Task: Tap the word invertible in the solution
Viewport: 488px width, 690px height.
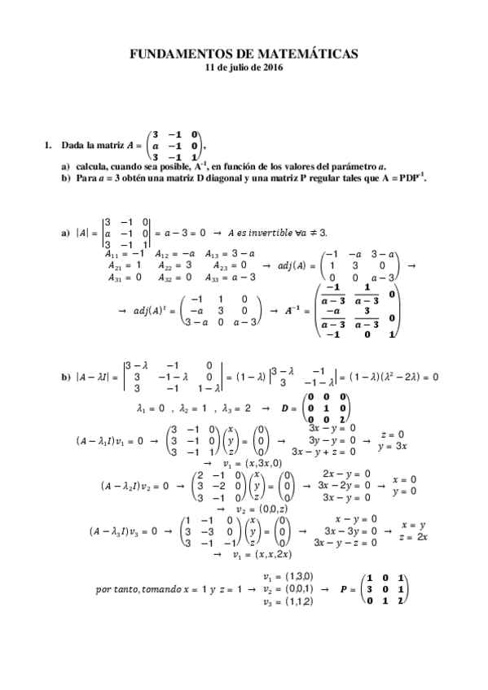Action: [271, 232]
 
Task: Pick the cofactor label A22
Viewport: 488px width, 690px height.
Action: [162, 264]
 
